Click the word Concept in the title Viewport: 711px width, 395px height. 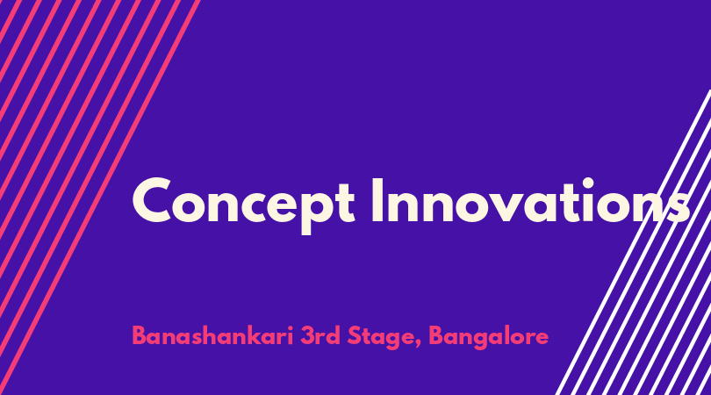(x=243, y=204)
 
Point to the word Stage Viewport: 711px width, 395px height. (x=384, y=337)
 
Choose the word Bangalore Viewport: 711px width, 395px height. (x=489, y=337)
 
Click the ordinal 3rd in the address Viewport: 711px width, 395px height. (x=320, y=336)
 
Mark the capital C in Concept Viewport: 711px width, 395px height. (x=152, y=200)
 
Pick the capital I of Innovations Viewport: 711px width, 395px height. (x=377, y=200)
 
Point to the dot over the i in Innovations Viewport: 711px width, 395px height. (x=587, y=183)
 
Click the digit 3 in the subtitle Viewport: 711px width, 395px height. (x=307, y=336)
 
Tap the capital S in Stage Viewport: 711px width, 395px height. (x=355, y=336)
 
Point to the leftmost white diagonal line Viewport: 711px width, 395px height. (x=634, y=242)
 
